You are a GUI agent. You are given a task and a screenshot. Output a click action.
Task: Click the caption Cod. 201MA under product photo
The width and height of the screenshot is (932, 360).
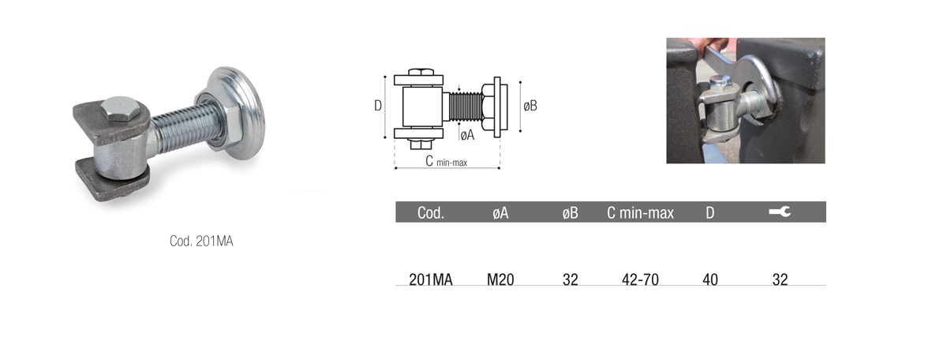click(201, 242)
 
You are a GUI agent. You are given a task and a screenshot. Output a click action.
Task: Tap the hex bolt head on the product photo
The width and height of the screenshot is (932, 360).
click(121, 109)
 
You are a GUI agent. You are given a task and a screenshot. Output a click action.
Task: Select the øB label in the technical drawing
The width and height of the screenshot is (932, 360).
click(530, 106)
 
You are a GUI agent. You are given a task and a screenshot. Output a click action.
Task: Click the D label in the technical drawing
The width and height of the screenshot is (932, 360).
click(378, 106)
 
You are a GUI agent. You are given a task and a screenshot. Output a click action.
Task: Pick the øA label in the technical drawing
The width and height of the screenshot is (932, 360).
click(468, 135)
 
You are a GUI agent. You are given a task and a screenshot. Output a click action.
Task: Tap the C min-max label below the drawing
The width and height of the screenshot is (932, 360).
click(447, 161)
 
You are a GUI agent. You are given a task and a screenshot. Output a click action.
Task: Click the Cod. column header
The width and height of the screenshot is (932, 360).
click(431, 213)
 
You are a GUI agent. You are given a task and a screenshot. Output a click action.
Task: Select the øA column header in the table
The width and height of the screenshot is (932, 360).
click(500, 213)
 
